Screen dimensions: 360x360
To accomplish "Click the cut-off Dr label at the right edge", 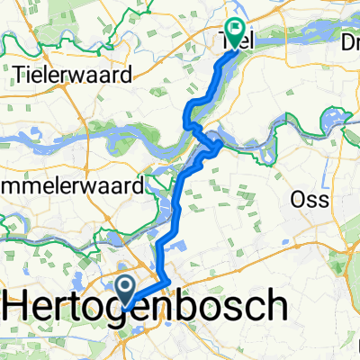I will click(347, 42).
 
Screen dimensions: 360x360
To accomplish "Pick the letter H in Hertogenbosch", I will click(20, 309).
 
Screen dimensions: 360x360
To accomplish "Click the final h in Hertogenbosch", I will click(276, 308).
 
